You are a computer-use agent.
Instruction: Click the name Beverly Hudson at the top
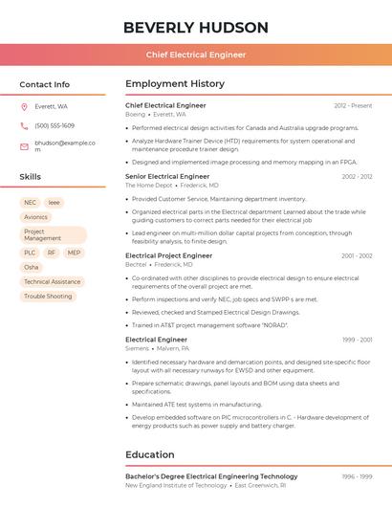195,28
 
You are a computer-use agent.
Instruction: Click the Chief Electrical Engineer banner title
195,55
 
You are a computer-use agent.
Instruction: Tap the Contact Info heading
44,84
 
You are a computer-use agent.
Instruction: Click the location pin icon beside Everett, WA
24,106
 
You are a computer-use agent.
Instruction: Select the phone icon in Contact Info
24,125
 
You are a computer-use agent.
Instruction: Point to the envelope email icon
24,146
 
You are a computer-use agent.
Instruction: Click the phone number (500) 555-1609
54,125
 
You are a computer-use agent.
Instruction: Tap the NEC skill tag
31,203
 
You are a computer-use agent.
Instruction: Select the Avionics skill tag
35,217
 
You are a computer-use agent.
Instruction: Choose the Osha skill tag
32,267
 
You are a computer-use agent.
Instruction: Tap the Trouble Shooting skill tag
48,296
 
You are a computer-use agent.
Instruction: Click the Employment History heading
175,84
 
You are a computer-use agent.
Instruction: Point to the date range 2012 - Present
353,105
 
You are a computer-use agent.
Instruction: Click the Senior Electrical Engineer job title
167,176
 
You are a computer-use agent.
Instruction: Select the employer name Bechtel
136,264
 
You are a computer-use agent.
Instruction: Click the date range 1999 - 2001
356,340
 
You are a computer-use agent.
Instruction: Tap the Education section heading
150,454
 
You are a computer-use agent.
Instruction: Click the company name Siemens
138,348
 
